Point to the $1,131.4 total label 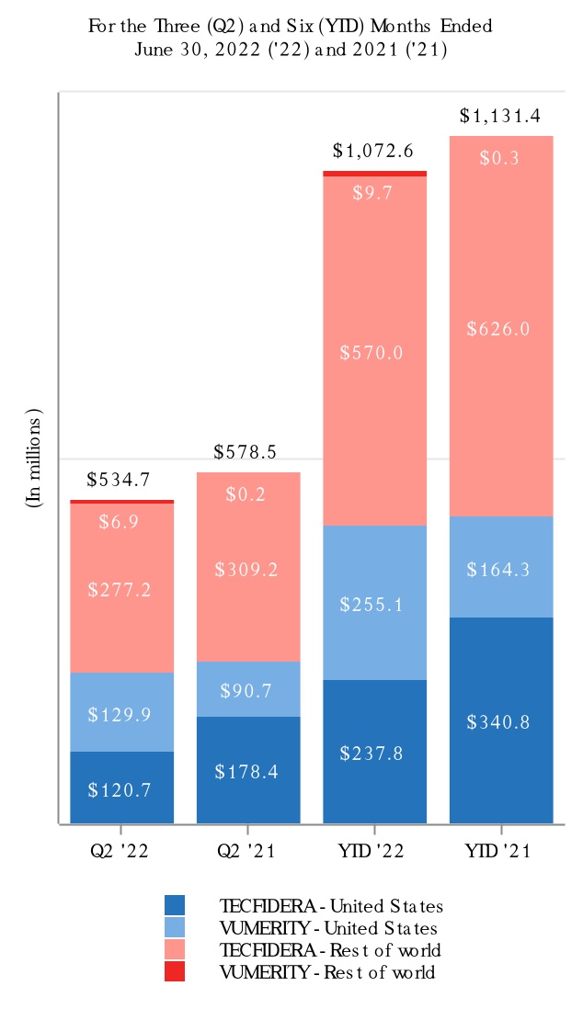(501, 116)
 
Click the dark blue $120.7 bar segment (121, 788)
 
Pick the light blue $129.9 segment (121, 712)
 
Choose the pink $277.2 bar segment (121, 588)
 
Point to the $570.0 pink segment (374, 351)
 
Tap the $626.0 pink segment (501, 327)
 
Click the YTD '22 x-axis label (374, 852)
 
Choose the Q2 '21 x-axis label (248, 852)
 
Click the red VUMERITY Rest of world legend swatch (175, 971)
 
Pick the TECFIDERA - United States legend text (331, 906)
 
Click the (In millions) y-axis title (34, 458)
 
